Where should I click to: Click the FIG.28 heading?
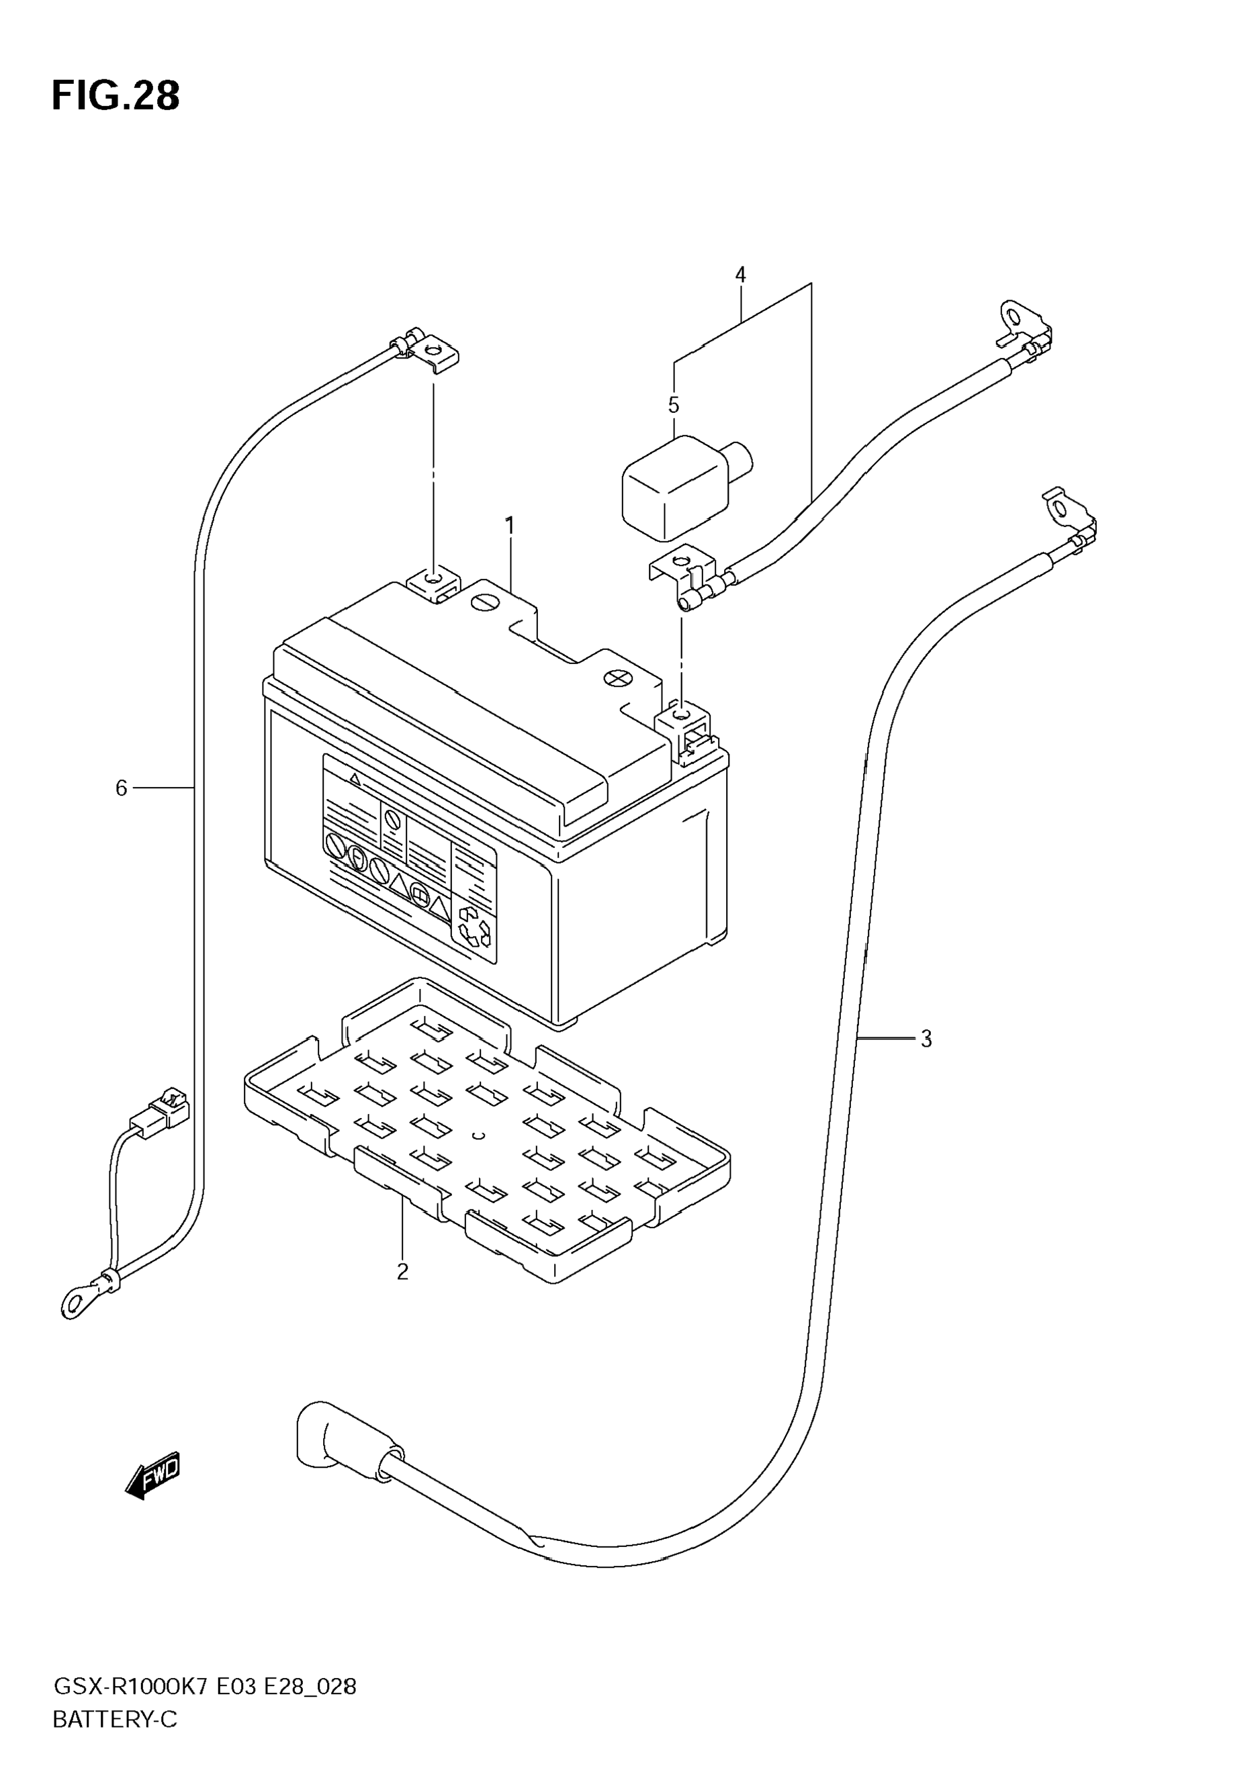pos(116,97)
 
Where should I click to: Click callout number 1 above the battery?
pos(509,526)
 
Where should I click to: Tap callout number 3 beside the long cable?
pos(926,1039)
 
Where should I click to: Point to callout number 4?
pos(740,275)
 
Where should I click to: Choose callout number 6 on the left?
pos(121,788)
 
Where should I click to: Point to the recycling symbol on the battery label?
pos(474,926)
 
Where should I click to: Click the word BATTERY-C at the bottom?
pos(114,1720)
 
